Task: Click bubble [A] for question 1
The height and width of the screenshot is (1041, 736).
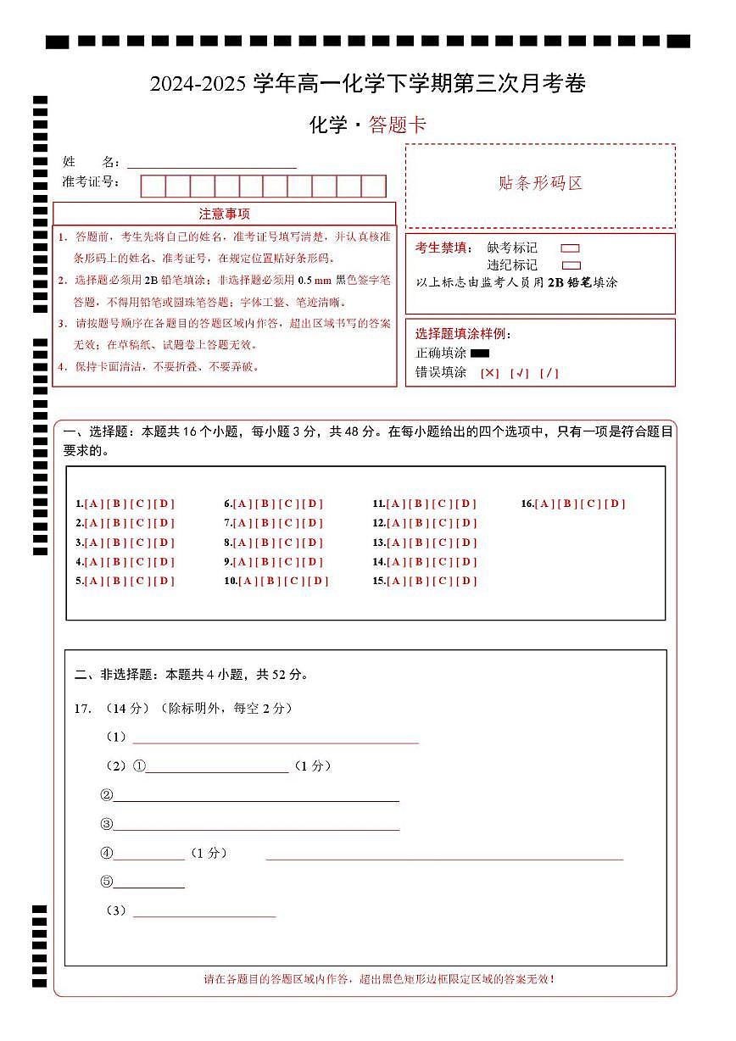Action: point(92,504)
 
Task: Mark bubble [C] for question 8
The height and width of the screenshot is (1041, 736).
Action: point(290,543)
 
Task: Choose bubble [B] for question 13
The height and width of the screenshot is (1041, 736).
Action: point(420,543)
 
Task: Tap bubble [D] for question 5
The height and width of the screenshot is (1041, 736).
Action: point(164,582)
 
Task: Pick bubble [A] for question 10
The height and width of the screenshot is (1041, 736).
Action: point(248,582)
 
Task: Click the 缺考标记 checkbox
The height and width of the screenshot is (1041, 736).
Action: point(571,248)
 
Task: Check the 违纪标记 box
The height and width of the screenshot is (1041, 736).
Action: point(571,265)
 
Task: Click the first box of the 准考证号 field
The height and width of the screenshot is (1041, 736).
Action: point(153,186)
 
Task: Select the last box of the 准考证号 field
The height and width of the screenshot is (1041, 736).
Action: point(374,186)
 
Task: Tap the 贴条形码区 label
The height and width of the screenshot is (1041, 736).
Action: point(540,184)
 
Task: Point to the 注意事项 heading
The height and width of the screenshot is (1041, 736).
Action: point(224,214)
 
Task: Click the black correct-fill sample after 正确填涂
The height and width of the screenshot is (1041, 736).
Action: point(480,353)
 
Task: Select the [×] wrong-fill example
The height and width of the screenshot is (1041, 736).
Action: point(489,373)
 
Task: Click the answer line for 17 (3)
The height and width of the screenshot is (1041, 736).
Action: point(204,912)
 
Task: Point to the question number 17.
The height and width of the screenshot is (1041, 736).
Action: point(82,709)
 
